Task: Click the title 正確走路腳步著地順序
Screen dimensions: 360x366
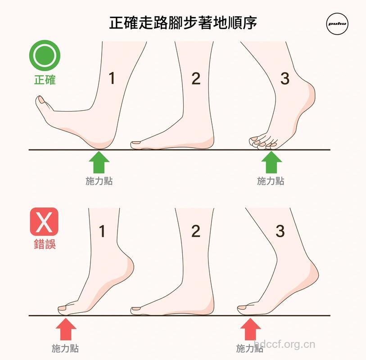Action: point(183,22)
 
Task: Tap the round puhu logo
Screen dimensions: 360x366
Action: point(337,24)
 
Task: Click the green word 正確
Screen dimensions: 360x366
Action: point(45,80)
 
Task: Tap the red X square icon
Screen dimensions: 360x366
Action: point(44,221)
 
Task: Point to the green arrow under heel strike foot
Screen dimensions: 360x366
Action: point(99,162)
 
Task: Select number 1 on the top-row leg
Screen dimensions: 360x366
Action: point(112,78)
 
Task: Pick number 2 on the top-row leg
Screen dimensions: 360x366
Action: point(196,78)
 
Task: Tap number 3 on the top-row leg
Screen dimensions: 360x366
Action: point(285,78)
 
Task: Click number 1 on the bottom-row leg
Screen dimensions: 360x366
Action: point(102,231)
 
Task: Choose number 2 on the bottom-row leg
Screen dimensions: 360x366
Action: point(195,231)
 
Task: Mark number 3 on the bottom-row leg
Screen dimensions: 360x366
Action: point(280,231)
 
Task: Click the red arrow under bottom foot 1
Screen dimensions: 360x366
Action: point(66,328)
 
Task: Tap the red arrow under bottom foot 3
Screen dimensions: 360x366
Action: point(250,328)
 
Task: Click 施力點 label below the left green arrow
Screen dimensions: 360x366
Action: point(99,181)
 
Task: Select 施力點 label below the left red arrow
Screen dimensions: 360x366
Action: point(65,348)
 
